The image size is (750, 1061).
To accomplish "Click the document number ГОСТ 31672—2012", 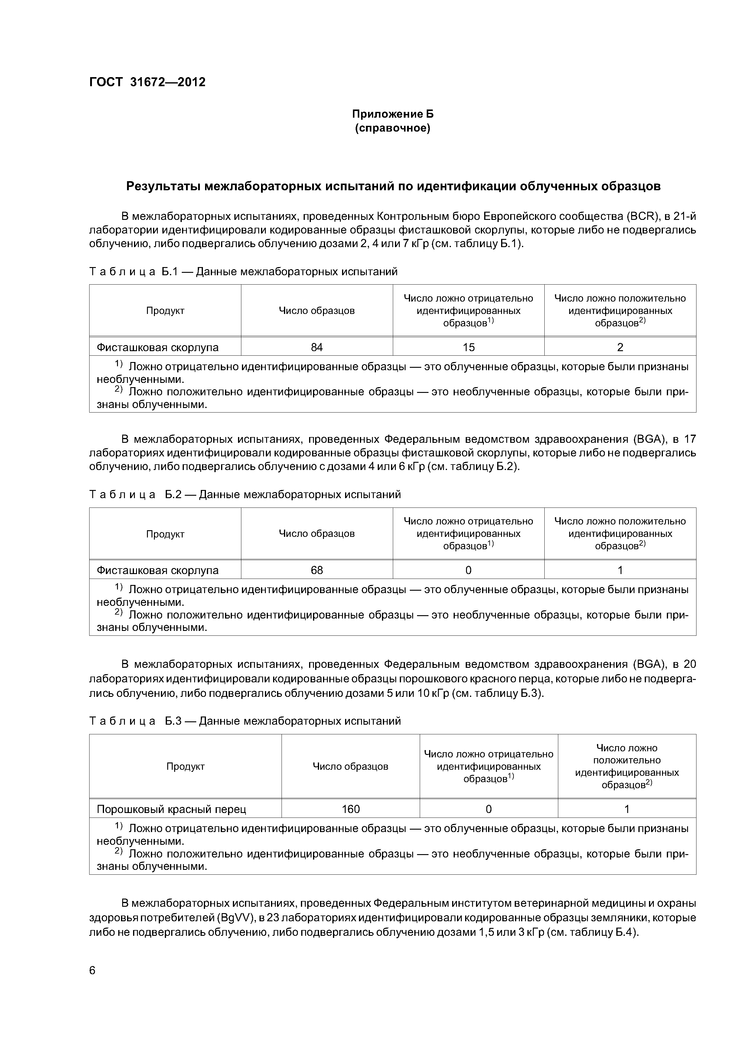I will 147,82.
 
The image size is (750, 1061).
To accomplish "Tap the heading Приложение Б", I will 392,114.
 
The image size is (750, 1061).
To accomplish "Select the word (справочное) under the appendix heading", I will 392,128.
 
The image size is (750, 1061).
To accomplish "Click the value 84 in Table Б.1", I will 317,347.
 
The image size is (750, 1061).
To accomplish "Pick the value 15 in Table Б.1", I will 468,347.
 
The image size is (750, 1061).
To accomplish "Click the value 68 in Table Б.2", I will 317,570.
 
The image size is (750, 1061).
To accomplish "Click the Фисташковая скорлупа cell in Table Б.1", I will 157,347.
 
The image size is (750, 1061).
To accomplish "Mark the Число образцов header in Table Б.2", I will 317,534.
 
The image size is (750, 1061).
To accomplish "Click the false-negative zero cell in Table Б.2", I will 468,570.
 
